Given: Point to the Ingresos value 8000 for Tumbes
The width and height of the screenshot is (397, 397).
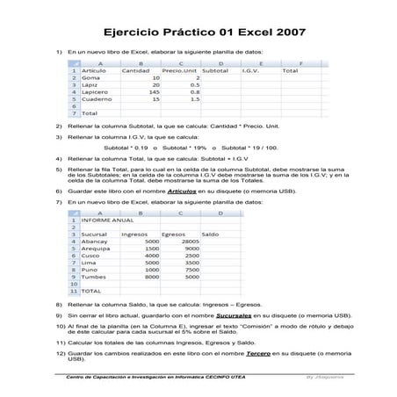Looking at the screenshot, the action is click(151, 277).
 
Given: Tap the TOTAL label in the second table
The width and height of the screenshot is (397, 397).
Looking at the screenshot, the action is click(91, 291).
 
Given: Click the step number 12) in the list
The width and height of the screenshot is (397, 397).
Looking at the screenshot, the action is click(60, 351).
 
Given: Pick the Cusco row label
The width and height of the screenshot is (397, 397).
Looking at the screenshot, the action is click(91, 256).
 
